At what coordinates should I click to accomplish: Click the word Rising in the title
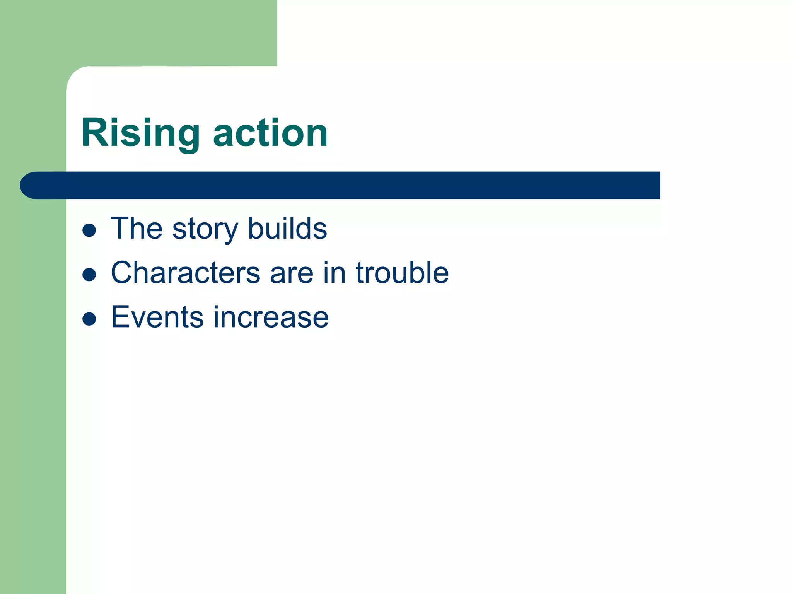point(140,133)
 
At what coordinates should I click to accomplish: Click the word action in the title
point(270,133)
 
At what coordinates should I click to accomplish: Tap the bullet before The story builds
point(89,230)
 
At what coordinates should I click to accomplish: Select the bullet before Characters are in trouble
point(89,275)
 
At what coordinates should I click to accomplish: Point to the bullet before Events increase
point(89,319)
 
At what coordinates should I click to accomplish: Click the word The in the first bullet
point(137,229)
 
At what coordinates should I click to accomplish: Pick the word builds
point(287,229)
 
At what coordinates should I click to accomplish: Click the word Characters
point(185,273)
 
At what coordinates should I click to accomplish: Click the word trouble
point(402,273)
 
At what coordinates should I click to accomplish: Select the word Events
point(157,317)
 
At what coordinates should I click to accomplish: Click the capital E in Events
point(119,317)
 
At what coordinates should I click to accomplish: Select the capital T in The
point(119,229)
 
